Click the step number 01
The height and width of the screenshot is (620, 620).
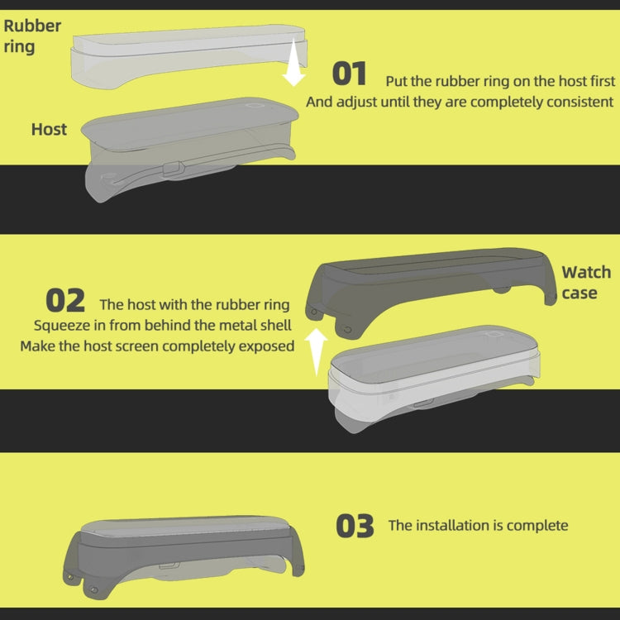click(x=349, y=74)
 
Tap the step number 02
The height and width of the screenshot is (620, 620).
click(x=65, y=301)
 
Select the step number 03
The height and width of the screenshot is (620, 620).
click(x=355, y=526)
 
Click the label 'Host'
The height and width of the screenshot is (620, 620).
click(x=49, y=129)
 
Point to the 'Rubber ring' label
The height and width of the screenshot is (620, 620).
click(x=32, y=36)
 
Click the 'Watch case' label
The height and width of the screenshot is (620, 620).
click(x=586, y=283)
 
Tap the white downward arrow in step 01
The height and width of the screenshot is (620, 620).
click(x=293, y=62)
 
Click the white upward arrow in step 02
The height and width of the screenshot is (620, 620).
click(x=316, y=351)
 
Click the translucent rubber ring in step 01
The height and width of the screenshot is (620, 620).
click(x=189, y=55)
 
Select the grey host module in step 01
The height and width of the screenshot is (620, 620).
click(x=190, y=148)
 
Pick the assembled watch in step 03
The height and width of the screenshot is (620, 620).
click(x=184, y=556)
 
